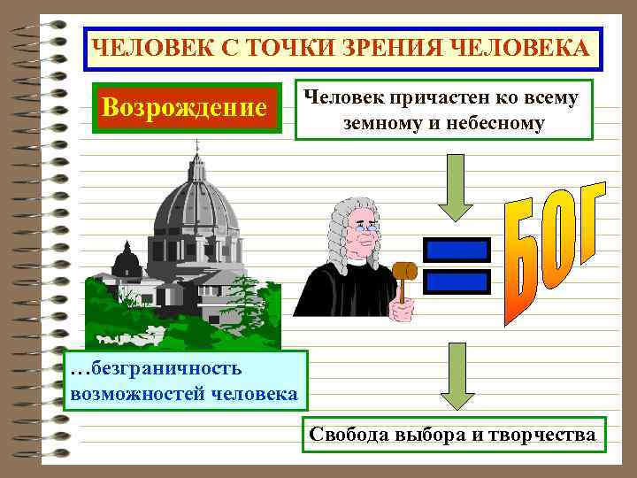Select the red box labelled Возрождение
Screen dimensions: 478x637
[x=185, y=107]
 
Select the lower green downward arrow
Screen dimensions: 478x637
[x=457, y=376]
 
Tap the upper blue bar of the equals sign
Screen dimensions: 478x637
[x=457, y=251]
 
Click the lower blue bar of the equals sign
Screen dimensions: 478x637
[x=457, y=281]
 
